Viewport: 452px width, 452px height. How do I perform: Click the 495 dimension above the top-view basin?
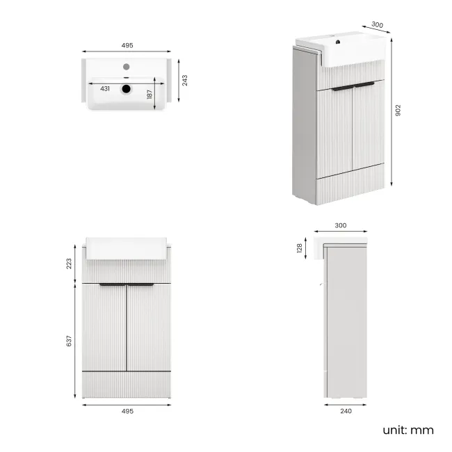point(127,45)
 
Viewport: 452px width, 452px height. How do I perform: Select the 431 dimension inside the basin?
point(105,89)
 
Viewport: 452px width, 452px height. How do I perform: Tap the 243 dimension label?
point(184,81)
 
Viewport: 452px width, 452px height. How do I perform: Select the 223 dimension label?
point(69,264)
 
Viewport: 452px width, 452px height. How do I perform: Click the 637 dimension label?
point(69,341)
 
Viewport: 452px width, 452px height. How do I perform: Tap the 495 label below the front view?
point(127,411)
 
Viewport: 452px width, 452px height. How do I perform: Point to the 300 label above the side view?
point(341,226)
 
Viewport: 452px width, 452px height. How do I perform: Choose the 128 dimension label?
point(300,248)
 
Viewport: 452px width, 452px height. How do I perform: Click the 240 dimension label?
point(346,411)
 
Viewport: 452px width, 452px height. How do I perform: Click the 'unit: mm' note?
point(407,430)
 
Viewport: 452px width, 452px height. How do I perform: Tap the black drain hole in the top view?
point(127,89)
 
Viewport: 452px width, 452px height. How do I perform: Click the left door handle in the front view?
point(111,285)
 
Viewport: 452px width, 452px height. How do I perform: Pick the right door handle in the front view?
point(141,285)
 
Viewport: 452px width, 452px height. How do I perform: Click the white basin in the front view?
point(127,248)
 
